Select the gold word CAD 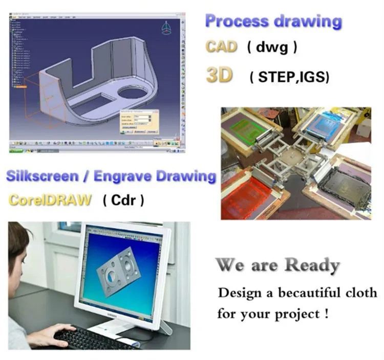[x=221, y=47]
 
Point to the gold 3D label [x=219, y=75]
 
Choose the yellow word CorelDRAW [x=50, y=199]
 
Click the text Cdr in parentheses [x=123, y=199]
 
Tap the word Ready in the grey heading [x=312, y=265]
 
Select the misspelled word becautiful [x=310, y=293]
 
